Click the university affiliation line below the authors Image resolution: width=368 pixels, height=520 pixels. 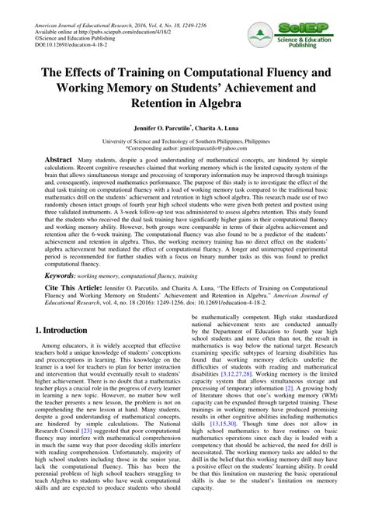click(x=184, y=140)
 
